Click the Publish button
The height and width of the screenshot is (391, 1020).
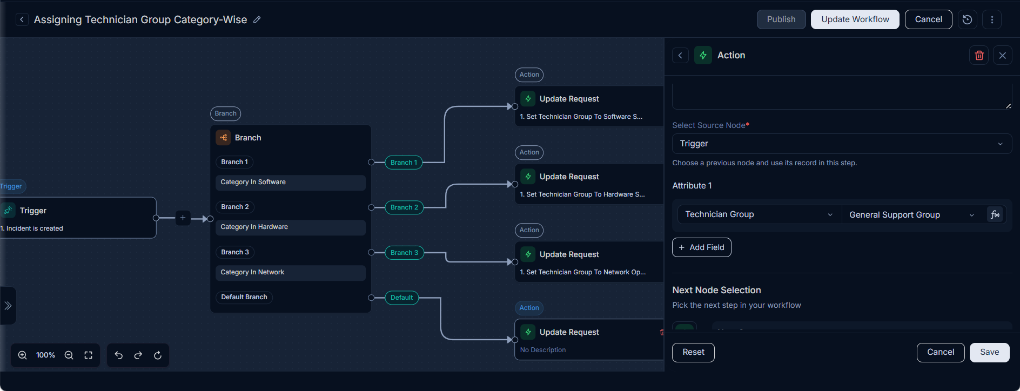pos(781,19)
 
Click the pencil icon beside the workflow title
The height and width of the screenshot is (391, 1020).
pos(257,20)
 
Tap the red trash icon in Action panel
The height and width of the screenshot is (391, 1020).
pos(979,55)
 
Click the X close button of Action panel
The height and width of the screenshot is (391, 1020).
pos(1003,55)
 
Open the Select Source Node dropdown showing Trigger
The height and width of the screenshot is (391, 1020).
pos(842,144)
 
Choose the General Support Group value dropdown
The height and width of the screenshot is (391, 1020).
pos(912,215)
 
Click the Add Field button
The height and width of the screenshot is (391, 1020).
pos(701,247)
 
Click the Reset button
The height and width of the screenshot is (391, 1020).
pos(693,352)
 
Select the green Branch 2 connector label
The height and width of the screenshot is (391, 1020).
pos(404,207)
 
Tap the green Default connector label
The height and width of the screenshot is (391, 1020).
pos(401,298)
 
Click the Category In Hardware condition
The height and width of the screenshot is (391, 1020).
pos(291,227)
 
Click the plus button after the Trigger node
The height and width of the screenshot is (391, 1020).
pos(183,218)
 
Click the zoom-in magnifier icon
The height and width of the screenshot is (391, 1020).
pos(23,355)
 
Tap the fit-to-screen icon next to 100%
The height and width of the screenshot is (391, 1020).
pos(89,355)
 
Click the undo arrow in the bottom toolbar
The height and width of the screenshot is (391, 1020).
pos(119,355)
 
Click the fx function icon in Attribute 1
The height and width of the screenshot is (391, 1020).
pos(995,215)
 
